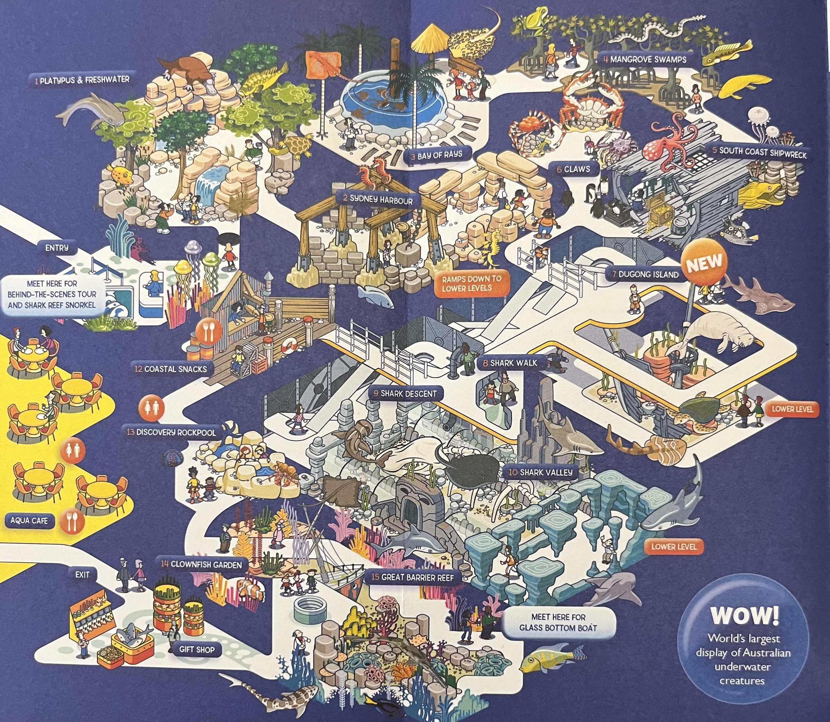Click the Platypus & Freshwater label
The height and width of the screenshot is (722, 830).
pyautogui.click(x=82, y=80)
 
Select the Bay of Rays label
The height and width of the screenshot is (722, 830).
pyautogui.click(x=435, y=155)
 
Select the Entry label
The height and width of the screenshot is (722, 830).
pyautogui.click(x=57, y=248)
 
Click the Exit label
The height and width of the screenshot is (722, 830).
pyautogui.click(x=82, y=574)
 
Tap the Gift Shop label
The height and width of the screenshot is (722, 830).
pyautogui.click(x=197, y=649)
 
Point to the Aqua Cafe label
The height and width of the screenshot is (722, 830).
pyautogui.click(x=29, y=520)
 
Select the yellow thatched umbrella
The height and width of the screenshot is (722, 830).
pyautogui.click(x=429, y=38)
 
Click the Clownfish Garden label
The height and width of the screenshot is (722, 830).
pyautogui.click(x=201, y=564)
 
